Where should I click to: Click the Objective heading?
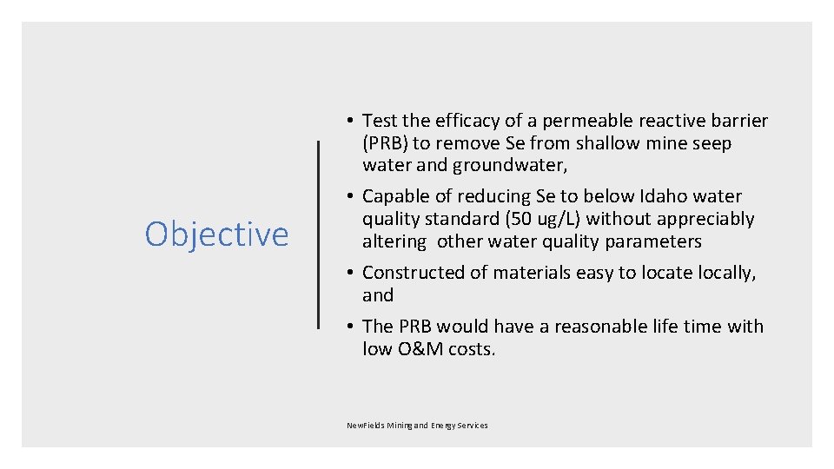click(x=216, y=234)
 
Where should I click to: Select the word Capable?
click(x=396, y=196)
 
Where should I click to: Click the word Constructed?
click(x=414, y=273)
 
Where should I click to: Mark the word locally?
click(x=720, y=273)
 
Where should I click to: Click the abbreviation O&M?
click(x=419, y=349)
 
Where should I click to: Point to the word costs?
click(x=471, y=349)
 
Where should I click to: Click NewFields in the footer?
click(x=364, y=426)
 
